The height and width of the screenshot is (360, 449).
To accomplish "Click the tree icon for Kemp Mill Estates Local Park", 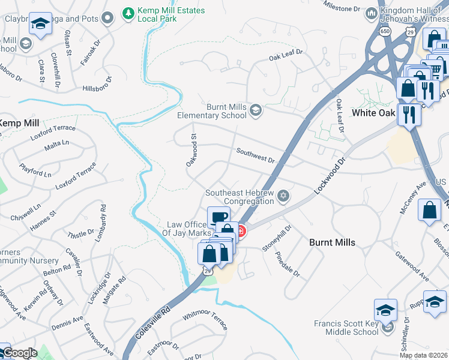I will pyautogui.click(x=128, y=13).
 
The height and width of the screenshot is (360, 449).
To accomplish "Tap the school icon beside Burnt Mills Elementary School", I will pyautogui.click(x=255, y=110).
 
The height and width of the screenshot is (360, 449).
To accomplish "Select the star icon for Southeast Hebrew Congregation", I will pyautogui.click(x=283, y=196).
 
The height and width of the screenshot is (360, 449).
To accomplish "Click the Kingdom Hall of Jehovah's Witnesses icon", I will pyautogui.click(x=372, y=13).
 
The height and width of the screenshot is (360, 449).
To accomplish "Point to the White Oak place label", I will pyautogui.click(x=373, y=113).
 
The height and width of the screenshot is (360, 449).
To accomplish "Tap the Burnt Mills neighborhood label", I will pyautogui.click(x=332, y=242).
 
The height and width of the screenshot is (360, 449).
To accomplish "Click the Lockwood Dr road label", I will pyautogui.click(x=330, y=176).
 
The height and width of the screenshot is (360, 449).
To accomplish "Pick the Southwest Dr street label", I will pyautogui.click(x=255, y=156).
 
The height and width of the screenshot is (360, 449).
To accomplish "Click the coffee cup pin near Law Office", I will pyautogui.click(x=218, y=217).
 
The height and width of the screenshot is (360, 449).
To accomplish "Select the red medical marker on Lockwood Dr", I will pyautogui.click(x=240, y=231).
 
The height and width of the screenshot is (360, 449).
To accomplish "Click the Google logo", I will pyautogui.click(x=19, y=353).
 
